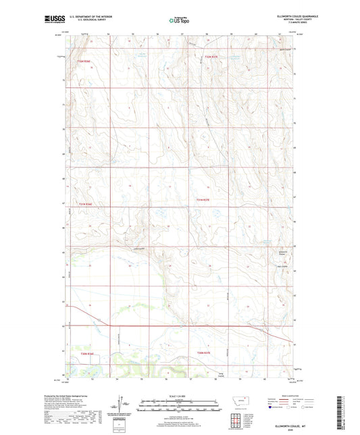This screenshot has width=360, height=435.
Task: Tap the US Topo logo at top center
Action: [179, 21]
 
